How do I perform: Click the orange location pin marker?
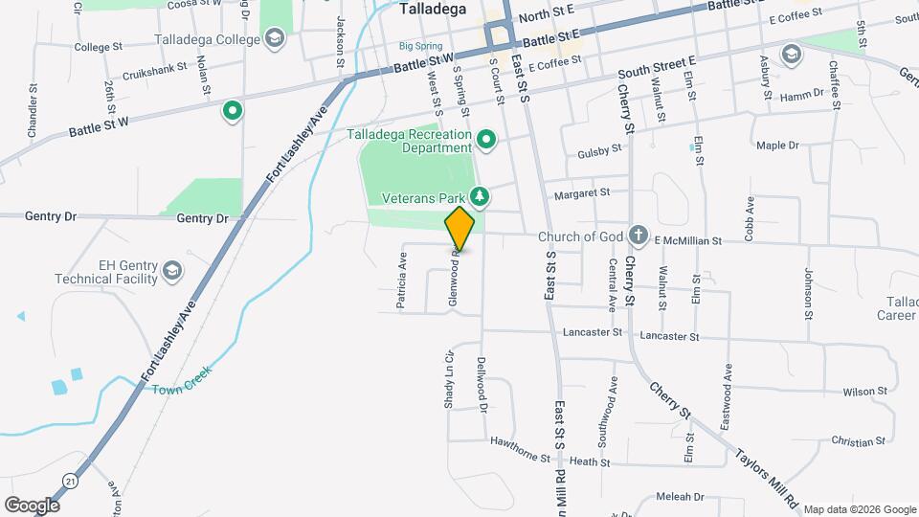pos(459,229)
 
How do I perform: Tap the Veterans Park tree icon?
pos(480,198)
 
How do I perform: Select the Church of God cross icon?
pos(639,236)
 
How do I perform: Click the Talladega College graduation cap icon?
pos(276,38)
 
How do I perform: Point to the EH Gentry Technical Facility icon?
pos(172,270)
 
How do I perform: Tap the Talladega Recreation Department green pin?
pos(486,141)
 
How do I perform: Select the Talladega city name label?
pos(432,10)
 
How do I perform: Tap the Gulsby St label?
pos(599,150)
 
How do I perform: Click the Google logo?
pos(32,505)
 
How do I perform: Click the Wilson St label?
pos(865,392)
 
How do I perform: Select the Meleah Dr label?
pos(681,497)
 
